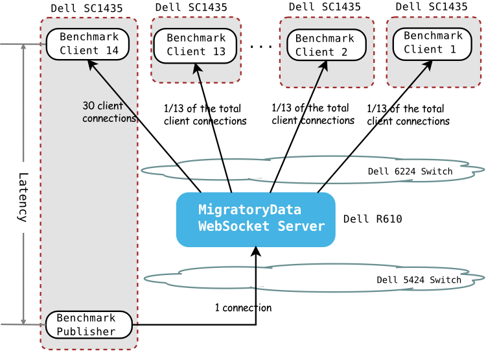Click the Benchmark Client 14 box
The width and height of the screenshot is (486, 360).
coord(87,44)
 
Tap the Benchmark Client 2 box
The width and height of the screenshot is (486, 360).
coord(326,45)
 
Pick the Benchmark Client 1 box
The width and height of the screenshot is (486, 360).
coord(433,43)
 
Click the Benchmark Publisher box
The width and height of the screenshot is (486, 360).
coord(89,324)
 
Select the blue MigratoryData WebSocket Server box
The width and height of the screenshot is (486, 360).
coord(256,219)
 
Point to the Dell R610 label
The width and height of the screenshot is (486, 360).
coord(373,219)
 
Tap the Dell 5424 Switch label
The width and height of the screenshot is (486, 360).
coord(419,280)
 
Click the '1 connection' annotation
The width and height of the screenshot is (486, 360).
coord(243,307)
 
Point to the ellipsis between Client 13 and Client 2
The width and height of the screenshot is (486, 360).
coord(260,47)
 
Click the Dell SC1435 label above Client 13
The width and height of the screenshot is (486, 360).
coord(191,7)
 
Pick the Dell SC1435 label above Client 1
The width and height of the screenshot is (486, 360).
coord(431,6)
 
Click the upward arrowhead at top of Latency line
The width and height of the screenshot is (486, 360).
coord(23,49)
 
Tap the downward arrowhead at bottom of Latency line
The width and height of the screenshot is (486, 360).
coord(23,320)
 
